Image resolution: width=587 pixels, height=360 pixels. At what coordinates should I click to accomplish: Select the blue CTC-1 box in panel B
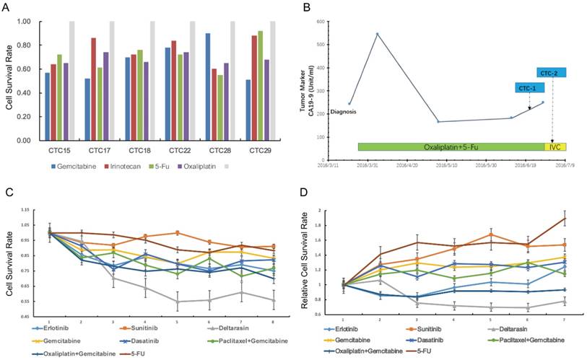(x=529, y=87)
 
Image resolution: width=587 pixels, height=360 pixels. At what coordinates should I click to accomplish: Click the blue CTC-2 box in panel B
(x=552, y=73)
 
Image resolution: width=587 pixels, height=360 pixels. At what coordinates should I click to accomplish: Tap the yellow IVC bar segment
(x=556, y=147)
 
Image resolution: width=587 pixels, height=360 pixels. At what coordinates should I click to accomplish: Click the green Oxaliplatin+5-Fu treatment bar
(x=451, y=147)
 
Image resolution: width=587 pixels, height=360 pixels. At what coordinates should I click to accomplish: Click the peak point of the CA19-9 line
(x=377, y=33)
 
